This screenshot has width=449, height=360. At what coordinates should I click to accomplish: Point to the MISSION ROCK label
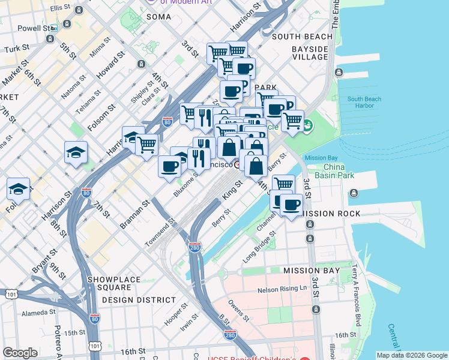(331, 214)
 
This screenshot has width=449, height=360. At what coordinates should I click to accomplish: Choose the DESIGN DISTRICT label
(138, 299)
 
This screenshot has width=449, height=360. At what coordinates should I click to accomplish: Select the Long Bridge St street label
(260, 247)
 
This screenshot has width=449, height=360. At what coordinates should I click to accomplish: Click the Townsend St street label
(160, 232)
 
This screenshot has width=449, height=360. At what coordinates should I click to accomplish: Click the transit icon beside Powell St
(55, 28)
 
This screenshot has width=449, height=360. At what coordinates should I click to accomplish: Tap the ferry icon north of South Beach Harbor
(339, 73)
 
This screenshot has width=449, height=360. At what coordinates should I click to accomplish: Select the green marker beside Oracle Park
(307, 127)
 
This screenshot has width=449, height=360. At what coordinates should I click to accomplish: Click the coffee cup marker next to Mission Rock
(292, 205)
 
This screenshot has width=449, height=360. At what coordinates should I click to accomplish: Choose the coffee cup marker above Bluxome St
(169, 166)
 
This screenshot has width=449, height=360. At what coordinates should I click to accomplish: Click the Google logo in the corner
(19, 352)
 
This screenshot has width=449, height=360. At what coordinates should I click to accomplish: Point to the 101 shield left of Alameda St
(11, 294)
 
